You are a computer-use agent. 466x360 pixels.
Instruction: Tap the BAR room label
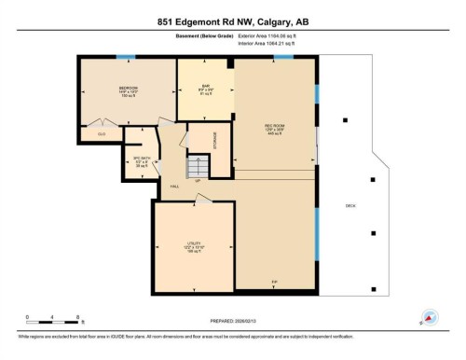207,89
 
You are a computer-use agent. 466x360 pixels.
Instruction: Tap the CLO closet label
102,134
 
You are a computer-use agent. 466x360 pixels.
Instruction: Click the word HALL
174,187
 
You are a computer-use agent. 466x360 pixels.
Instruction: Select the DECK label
350,206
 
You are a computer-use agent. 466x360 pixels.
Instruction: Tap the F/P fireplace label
274,282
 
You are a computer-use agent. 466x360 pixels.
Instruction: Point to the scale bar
54,318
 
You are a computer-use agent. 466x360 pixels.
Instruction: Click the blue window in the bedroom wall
120,58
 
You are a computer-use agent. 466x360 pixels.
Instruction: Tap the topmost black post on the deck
345,120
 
